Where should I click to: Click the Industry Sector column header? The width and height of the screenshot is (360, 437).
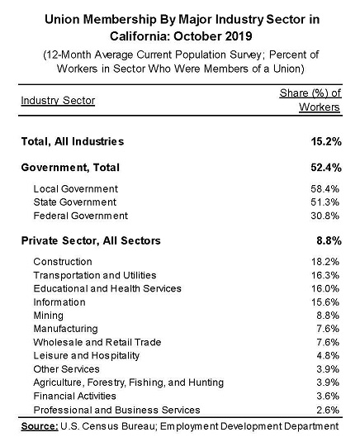click(x=58, y=101)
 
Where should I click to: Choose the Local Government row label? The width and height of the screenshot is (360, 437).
click(x=75, y=189)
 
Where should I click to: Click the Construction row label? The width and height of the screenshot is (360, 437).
click(x=57, y=262)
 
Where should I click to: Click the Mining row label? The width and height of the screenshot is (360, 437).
click(x=46, y=316)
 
